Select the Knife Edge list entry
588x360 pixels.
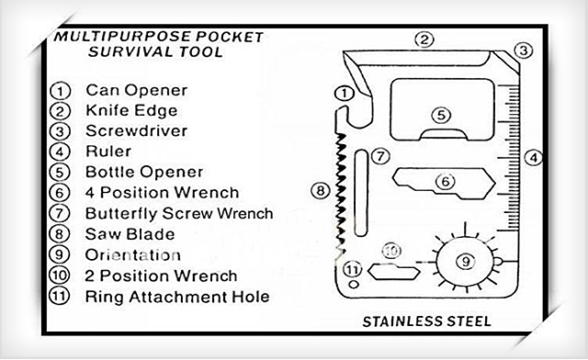(x=132, y=110)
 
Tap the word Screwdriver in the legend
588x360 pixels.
(x=136, y=130)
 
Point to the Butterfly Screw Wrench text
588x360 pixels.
(x=179, y=213)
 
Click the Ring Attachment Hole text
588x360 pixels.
(x=176, y=297)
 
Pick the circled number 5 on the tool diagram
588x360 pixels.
(x=442, y=116)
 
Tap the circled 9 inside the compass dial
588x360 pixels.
(x=466, y=261)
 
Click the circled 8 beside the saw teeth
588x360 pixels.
(x=319, y=191)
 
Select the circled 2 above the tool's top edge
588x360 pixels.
(x=424, y=39)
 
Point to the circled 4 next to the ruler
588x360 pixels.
(x=531, y=157)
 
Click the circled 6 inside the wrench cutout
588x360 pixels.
(x=445, y=181)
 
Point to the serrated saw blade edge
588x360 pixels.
(x=339, y=193)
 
